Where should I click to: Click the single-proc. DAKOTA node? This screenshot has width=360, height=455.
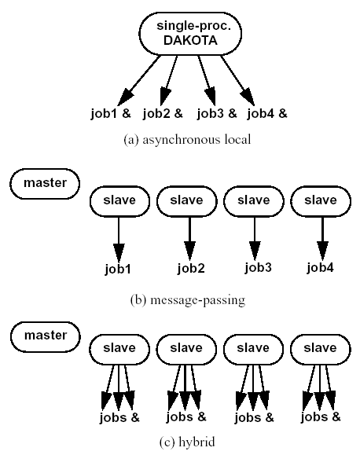pyautogui.click(x=190, y=33)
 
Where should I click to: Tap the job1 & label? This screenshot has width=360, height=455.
pyautogui.click(x=111, y=113)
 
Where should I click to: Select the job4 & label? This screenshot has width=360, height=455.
pyautogui.click(x=267, y=113)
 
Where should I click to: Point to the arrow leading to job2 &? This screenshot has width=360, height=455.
pyautogui.click(x=168, y=80)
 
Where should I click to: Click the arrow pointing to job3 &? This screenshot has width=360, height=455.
pyautogui.click(x=207, y=80)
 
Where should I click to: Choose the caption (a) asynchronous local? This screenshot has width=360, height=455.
pyautogui.click(x=187, y=140)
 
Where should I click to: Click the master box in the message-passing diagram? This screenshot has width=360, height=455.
pyautogui.click(x=45, y=184)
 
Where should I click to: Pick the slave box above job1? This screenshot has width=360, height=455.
pyautogui.click(x=119, y=201)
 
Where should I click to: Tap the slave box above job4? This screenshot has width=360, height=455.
pyautogui.click(x=321, y=201)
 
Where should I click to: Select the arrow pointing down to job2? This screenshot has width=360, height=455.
pyautogui.click(x=190, y=239)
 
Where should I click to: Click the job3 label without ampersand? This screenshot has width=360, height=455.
pyautogui.click(x=258, y=267)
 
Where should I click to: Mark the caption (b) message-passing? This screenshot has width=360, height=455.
pyautogui.click(x=188, y=300)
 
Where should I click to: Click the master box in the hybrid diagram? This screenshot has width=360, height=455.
pyautogui.click(x=46, y=336)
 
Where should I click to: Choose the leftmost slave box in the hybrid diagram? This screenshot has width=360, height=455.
pyautogui.click(x=119, y=350)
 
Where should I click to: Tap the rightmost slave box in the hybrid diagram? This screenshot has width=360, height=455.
pyautogui.click(x=321, y=350)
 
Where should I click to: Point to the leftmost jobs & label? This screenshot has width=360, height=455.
pyautogui.click(x=119, y=417)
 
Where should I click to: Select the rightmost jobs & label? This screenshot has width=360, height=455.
pyautogui.click(x=321, y=417)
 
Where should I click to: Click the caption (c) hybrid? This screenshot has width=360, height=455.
pyautogui.click(x=187, y=442)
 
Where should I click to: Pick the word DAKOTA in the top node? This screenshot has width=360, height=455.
pyautogui.click(x=190, y=40)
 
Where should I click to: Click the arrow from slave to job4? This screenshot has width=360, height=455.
pyautogui.click(x=322, y=239)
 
